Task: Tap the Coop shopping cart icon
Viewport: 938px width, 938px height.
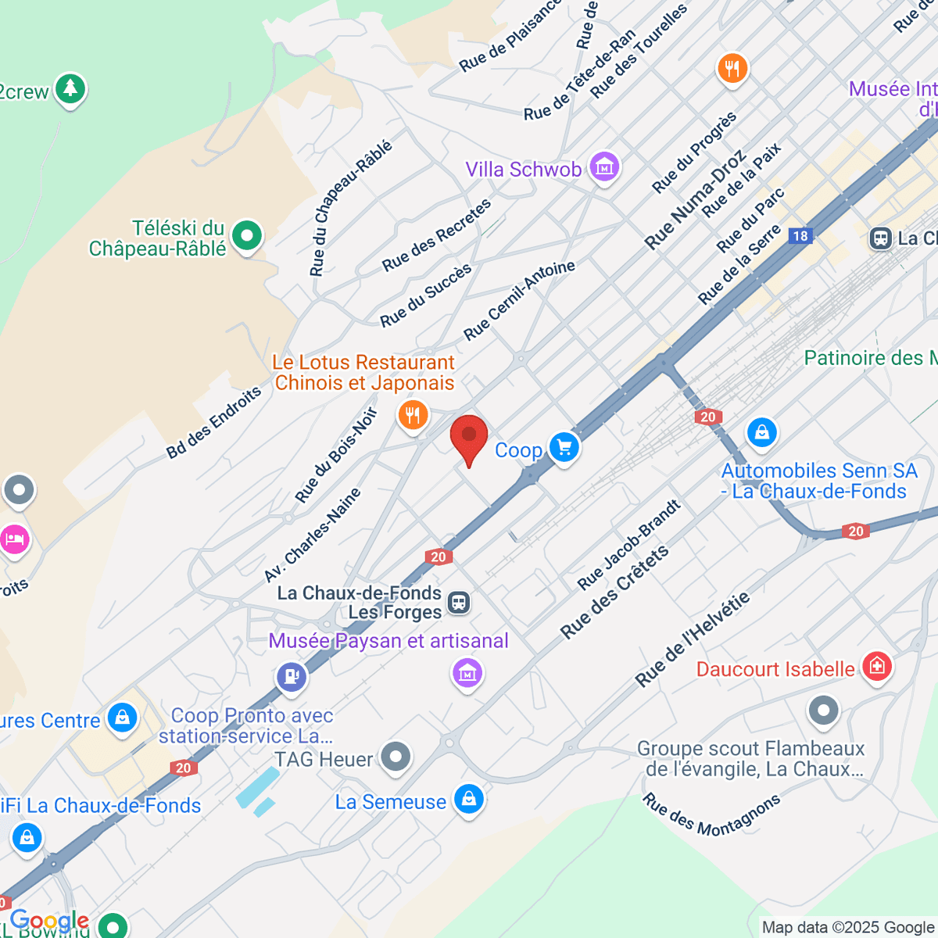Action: pos(564,448)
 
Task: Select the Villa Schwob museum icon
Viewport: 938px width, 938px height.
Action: pos(604,166)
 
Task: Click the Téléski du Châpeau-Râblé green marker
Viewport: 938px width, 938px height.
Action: pos(247,234)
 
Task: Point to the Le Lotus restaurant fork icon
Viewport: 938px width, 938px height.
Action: pos(413,414)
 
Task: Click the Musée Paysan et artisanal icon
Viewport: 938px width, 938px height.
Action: pos(467,671)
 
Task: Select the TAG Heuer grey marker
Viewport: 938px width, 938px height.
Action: pos(396,757)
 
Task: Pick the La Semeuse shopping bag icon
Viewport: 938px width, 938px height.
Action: pos(469,799)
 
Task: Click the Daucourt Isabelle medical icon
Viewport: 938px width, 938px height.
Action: pos(877,666)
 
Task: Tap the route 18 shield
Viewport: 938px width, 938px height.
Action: pos(800,236)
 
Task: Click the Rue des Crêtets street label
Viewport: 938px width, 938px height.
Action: pos(614,592)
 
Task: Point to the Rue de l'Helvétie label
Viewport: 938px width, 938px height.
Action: pos(693,640)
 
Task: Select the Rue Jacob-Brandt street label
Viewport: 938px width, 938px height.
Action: pos(628,546)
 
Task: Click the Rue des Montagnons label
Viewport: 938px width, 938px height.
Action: pos(711,815)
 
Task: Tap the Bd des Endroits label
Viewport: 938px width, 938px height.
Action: pos(213,423)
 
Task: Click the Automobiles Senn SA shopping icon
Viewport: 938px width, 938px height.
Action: pos(761,431)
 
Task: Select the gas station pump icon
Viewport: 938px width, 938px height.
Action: pos(292,675)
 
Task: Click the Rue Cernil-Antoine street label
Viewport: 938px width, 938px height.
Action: pos(519,300)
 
